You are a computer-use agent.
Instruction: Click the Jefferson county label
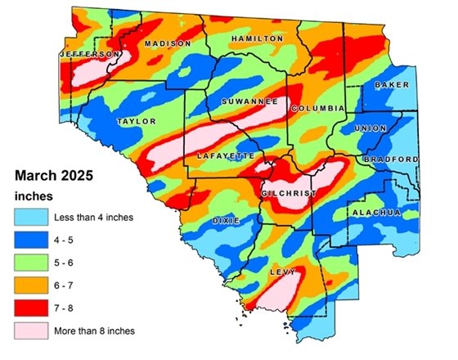click(85, 54)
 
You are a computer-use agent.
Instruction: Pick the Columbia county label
click(313, 108)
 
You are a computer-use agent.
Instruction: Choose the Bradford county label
click(392, 159)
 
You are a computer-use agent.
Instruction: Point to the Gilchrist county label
click(288, 193)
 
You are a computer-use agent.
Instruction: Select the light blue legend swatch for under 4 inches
click(29, 217)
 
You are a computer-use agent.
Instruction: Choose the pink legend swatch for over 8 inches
click(29, 331)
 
